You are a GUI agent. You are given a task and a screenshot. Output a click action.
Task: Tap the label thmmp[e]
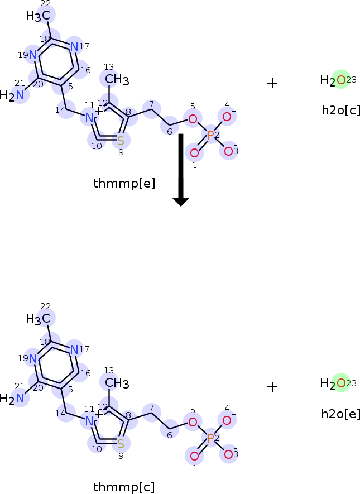pyautogui.click(x=124, y=183)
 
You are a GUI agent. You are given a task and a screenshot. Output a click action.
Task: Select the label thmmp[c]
pyautogui.click(x=124, y=487)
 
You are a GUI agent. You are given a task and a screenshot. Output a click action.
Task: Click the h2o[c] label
pyautogui.click(x=340, y=110)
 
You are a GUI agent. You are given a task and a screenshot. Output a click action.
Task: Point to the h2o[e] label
pyautogui.click(x=340, y=414)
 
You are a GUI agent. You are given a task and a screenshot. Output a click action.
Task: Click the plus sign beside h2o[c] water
pyautogui.click(x=272, y=84)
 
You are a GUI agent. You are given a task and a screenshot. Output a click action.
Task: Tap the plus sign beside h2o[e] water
pyautogui.click(x=272, y=387)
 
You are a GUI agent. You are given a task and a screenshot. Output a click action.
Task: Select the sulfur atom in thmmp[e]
pyautogui.click(x=121, y=141)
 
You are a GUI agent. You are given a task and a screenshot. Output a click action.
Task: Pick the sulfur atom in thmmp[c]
pyautogui.click(x=121, y=444)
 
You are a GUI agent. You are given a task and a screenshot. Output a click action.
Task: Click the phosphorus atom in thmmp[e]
pyautogui.click(x=210, y=135)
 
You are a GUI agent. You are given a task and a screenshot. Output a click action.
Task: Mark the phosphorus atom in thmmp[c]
pyautogui.click(x=210, y=439)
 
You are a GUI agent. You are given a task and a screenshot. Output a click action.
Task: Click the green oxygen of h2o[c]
pyautogui.click(x=340, y=80)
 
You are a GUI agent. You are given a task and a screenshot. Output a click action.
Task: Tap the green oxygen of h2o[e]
pyautogui.click(x=340, y=383)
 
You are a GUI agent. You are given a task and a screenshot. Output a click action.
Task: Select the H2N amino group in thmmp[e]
pyautogui.click(x=13, y=95)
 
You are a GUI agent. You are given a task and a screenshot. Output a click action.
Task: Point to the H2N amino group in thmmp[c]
pyautogui.click(x=13, y=399)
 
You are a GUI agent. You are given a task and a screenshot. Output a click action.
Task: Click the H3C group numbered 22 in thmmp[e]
pyautogui.click(x=39, y=16)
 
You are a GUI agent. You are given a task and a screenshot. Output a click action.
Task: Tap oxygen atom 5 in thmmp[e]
pyautogui.click(x=193, y=118)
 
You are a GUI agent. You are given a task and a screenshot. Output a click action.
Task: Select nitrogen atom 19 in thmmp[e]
pyautogui.click(x=33, y=55)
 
